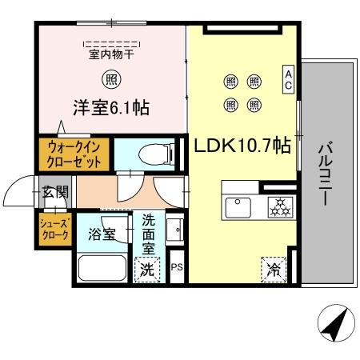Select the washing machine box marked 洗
148,270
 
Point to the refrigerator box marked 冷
273,270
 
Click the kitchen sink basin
238,210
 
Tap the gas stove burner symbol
280,209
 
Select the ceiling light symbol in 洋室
111,79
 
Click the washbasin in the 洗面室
175,230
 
